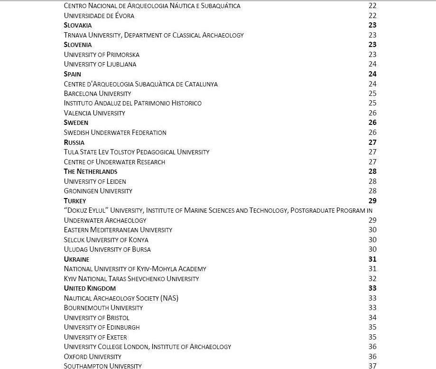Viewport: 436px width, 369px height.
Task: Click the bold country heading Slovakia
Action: coord(78,25)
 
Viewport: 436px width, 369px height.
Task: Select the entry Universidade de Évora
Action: coord(99,16)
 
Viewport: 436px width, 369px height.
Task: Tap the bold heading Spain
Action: coord(73,74)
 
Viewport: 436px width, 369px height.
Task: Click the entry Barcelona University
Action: coord(97,94)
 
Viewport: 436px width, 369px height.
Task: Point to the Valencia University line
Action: coord(94,113)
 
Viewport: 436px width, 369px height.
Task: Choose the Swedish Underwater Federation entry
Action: coord(115,132)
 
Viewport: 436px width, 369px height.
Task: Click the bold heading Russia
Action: coord(74,142)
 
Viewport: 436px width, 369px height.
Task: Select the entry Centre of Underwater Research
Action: coord(114,162)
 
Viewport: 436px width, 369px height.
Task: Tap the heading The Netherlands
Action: coord(91,171)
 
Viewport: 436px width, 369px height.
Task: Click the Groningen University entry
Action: coord(98,191)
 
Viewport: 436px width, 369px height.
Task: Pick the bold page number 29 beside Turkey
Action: coord(372,201)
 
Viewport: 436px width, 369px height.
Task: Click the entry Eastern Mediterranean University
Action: coord(118,230)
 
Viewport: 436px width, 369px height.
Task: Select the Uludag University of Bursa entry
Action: coord(107,249)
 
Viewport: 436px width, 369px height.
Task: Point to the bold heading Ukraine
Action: coord(76,259)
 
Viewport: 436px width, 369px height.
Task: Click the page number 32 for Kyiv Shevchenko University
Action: coord(372,279)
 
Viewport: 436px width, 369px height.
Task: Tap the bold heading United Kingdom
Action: coord(90,288)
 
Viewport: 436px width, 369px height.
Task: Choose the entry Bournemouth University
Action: coord(103,308)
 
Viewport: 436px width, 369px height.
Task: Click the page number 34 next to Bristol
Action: coord(372,318)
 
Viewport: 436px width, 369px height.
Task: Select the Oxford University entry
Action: coord(93,357)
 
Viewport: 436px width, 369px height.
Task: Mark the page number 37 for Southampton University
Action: coord(372,366)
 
